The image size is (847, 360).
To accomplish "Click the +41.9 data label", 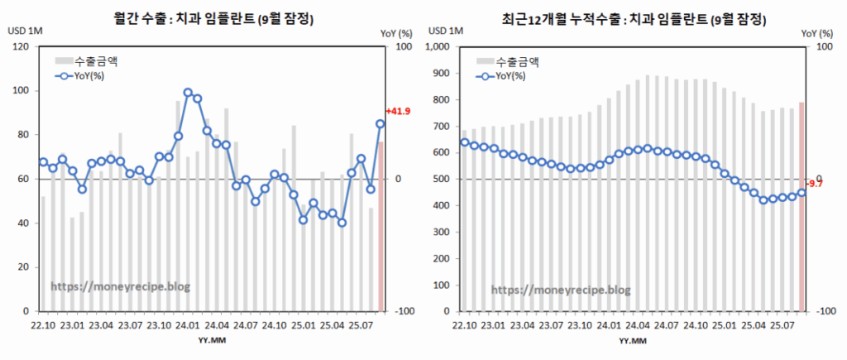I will point(399,112).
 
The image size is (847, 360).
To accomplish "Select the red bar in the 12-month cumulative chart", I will point(802,206).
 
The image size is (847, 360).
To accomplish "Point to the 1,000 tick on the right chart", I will point(439,47).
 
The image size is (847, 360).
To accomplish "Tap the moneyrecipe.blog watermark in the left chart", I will point(121,286).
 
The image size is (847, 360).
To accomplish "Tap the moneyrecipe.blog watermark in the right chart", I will point(561,290).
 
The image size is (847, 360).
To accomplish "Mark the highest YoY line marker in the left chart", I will point(189,93).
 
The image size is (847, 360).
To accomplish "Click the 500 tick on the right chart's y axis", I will point(445,179).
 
